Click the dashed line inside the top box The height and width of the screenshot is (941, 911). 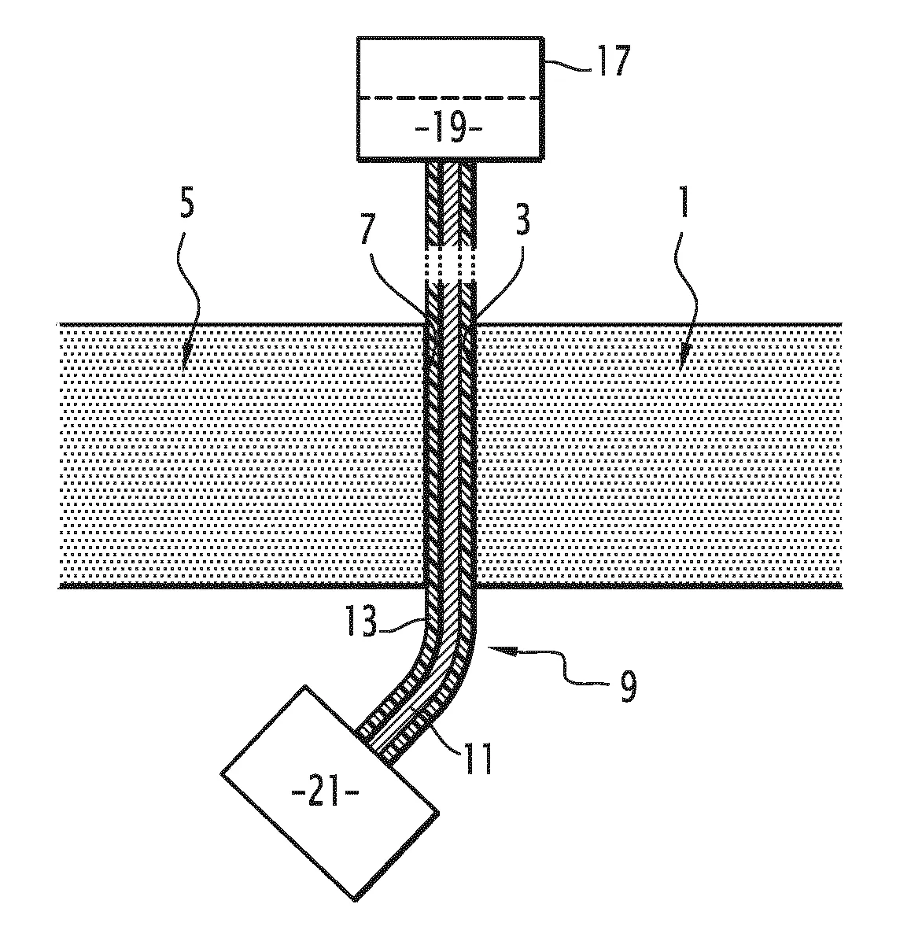coord(449,98)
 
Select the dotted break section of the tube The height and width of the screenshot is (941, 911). coord(451,265)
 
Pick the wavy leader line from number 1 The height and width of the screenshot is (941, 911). coord(684,299)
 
